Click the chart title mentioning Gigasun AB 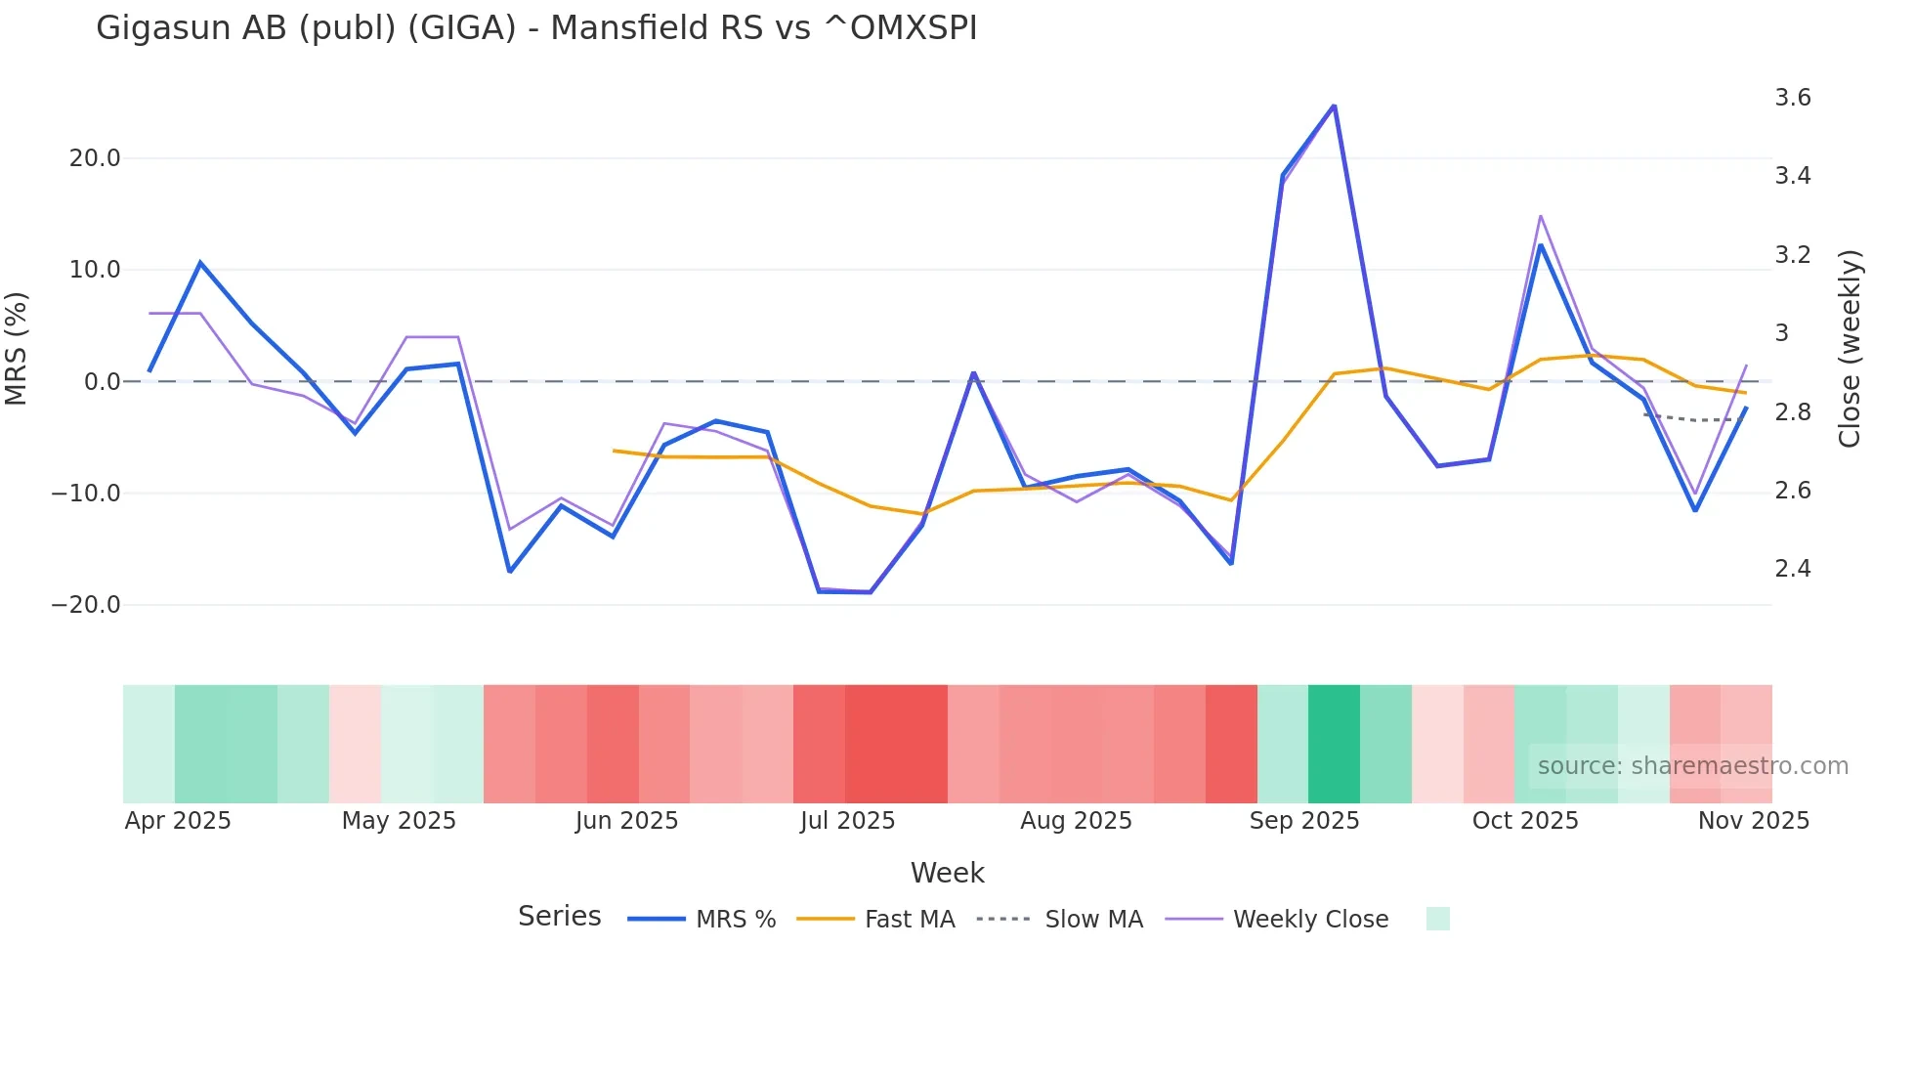(x=536, y=28)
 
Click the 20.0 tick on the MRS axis (x=95, y=158)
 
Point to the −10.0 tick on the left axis (x=87, y=494)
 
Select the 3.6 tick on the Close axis (x=1792, y=98)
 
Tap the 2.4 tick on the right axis (x=1792, y=569)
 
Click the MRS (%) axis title (x=17, y=348)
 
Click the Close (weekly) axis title (x=1849, y=348)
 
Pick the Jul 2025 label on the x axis (x=847, y=821)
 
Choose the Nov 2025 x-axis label (x=1753, y=821)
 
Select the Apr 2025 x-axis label (x=178, y=821)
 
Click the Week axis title (x=947, y=873)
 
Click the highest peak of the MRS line (x=1334, y=106)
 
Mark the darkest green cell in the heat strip (x=1334, y=744)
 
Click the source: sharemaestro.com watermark (x=1692, y=766)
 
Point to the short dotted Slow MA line (x=1695, y=419)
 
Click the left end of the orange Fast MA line (x=615, y=451)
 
